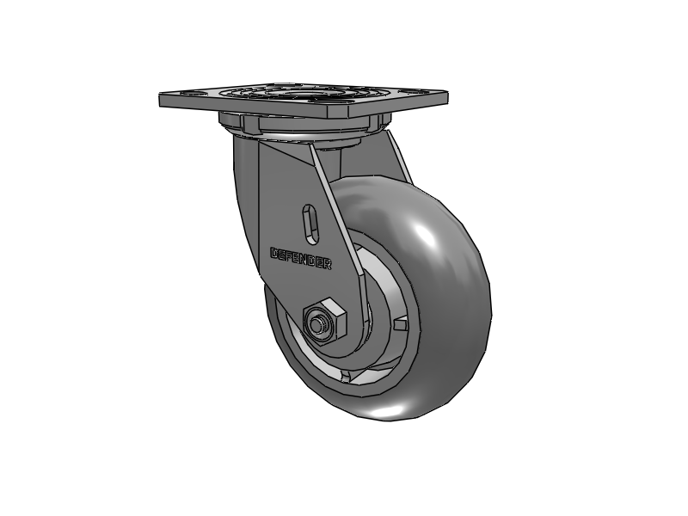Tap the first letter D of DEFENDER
click(x=274, y=253)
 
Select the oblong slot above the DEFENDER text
click(x=311, y=221)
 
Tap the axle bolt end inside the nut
click(x=319, y=325)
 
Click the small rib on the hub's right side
click(x=400, y=325)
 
